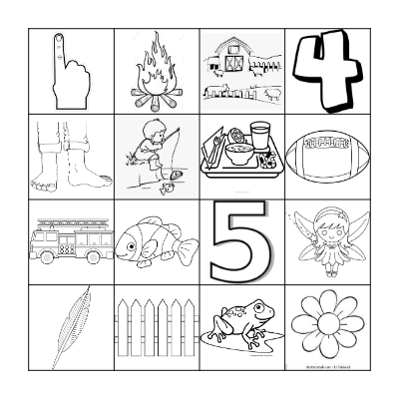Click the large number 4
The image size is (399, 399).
325,68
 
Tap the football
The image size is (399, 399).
325,156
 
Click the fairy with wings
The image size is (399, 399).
324,239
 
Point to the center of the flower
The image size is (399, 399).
325,325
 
